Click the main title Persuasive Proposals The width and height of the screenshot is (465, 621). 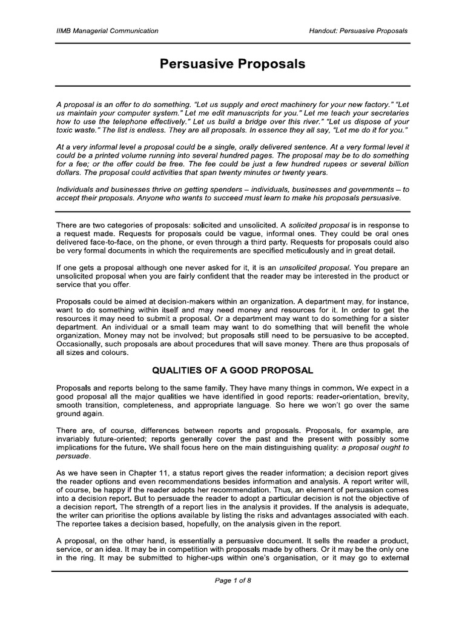[x=232, y=64]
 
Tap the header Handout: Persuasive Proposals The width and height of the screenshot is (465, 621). [x=355, y=30]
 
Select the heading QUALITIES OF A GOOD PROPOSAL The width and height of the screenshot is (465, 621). [x=232, y=369]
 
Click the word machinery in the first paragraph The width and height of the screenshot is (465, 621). [x=292, y=104]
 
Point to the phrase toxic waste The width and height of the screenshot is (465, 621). [x=78, y=130]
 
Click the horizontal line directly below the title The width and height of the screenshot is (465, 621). [x=232, y=86]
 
